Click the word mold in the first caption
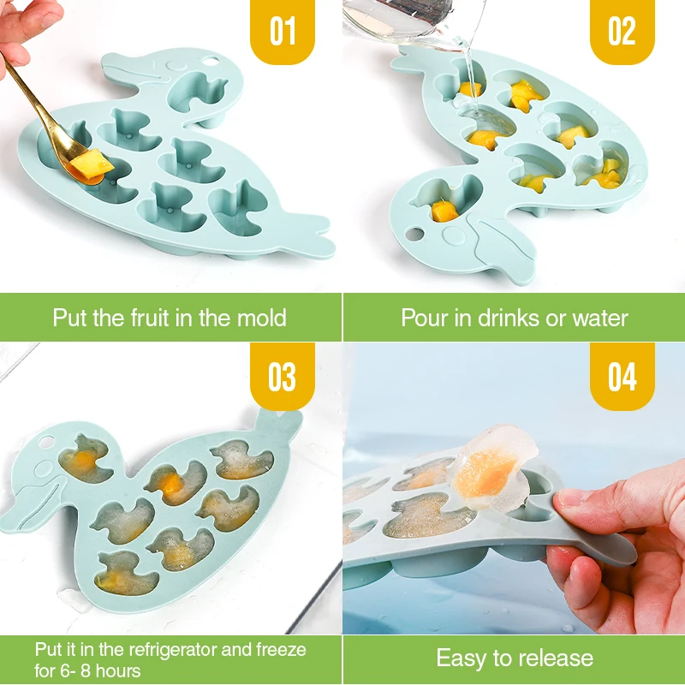(x=261, y=319)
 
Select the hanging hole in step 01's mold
(x=211, y=63)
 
